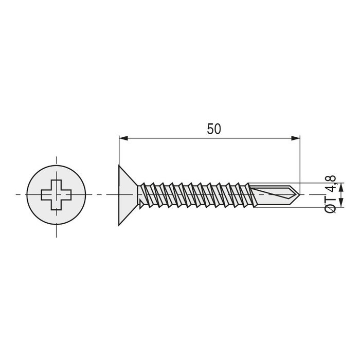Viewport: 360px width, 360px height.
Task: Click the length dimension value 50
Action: [214, 129]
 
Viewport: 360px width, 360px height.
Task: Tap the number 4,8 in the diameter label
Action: [331, 184]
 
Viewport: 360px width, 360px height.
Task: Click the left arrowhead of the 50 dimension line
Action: [122, 138]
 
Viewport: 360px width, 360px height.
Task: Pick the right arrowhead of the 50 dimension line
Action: [296, 138]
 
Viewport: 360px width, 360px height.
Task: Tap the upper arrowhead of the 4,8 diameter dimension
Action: [325, 186]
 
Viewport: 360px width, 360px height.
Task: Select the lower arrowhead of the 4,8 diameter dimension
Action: [325, 204]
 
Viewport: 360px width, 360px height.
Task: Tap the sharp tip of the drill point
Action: [298, 195]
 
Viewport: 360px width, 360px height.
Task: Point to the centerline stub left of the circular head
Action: [20, 195]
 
